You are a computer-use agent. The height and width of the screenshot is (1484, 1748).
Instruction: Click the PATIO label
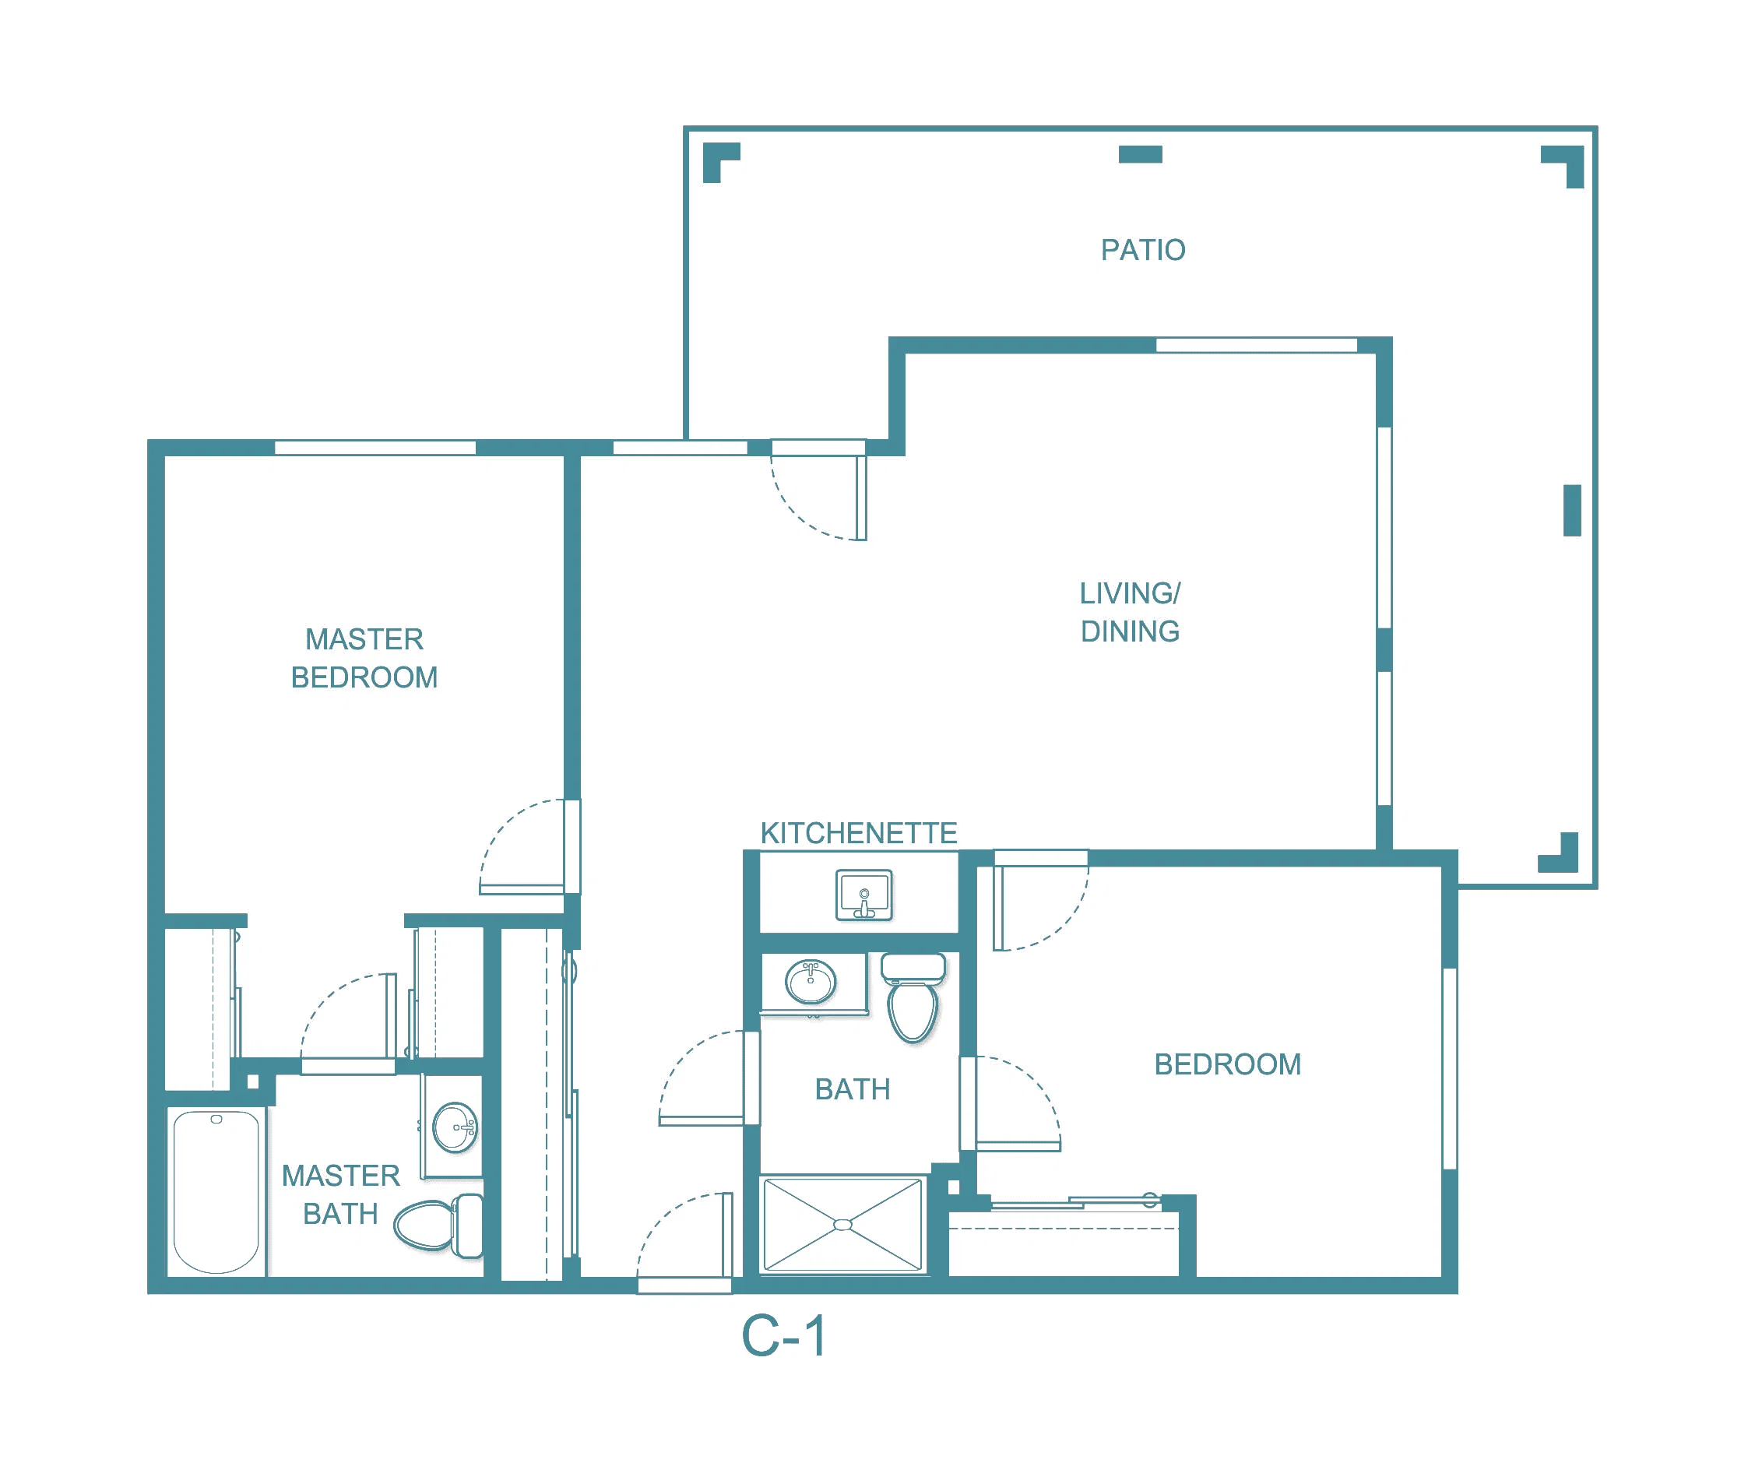(x=1142, y=250)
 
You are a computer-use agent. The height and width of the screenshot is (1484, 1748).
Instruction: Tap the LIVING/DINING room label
(x=1130, y=613)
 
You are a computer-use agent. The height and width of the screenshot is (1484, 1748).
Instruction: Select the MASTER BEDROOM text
(x=364, y=658)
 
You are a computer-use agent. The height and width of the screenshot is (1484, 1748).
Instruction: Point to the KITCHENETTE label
(x=859, y=833)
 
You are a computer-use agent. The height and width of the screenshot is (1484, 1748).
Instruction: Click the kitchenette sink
(x=864, y=895)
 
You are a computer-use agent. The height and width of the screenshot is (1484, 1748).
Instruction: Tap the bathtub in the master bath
(x=216, y=1191)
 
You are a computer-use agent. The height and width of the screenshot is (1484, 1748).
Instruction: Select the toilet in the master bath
(x=438, y=1225)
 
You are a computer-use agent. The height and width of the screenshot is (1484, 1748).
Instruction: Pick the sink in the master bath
(x=455, y=1127)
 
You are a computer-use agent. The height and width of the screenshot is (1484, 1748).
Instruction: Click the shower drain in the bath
(x=842, y=1225)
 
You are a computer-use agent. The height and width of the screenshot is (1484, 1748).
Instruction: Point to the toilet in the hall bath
(x=913, y=997)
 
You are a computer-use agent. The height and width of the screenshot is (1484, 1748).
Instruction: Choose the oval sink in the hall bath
(x=810, y=983)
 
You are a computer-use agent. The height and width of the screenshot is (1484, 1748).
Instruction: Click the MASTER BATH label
(x=341, y=1194)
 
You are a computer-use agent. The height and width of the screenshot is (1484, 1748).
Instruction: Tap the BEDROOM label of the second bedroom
(x=1227, y=1064)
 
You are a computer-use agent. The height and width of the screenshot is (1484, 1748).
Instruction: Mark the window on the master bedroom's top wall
(x=375, y=448)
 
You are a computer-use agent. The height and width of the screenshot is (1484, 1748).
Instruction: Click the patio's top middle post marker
(x=1140, y=154)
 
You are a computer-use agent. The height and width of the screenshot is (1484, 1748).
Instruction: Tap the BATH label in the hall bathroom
(x=852, y=1089)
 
